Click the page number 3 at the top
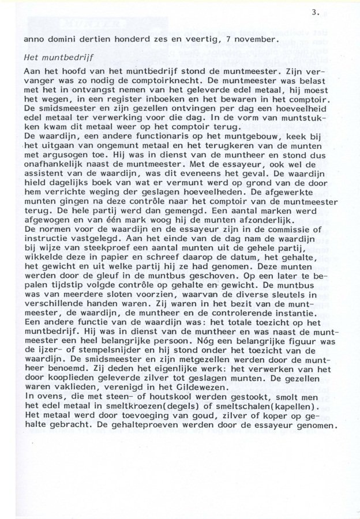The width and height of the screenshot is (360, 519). [x=313, y=12]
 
